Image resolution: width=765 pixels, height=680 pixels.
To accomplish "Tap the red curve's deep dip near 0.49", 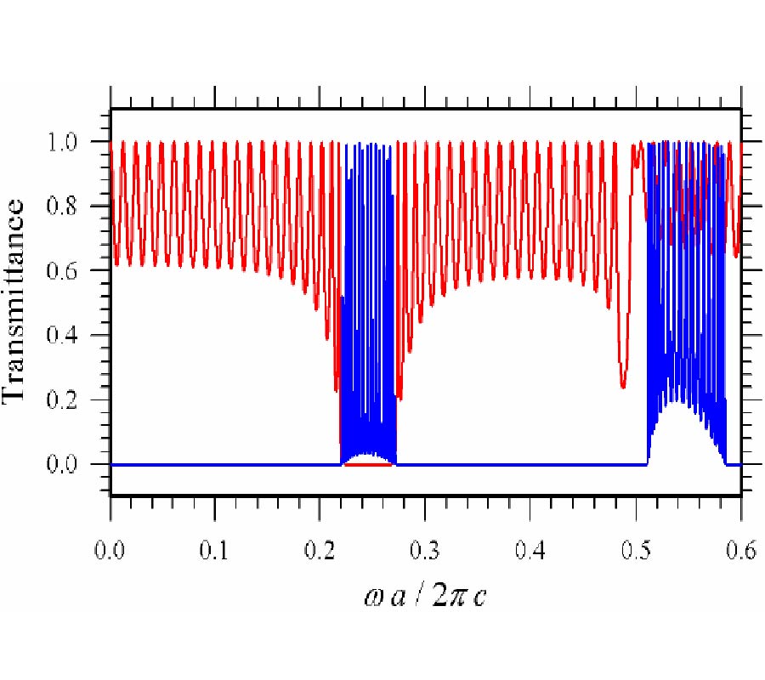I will [x=623, y=386].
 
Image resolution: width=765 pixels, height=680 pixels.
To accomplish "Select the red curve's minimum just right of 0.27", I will [x=399, y=397].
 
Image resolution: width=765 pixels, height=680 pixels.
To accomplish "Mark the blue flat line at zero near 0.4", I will [x=530, y=464].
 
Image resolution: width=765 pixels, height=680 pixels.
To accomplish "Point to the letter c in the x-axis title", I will [x=481, y=598].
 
